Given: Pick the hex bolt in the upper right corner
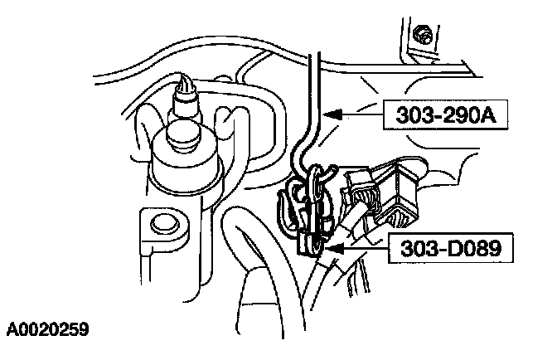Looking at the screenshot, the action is (425, 34).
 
